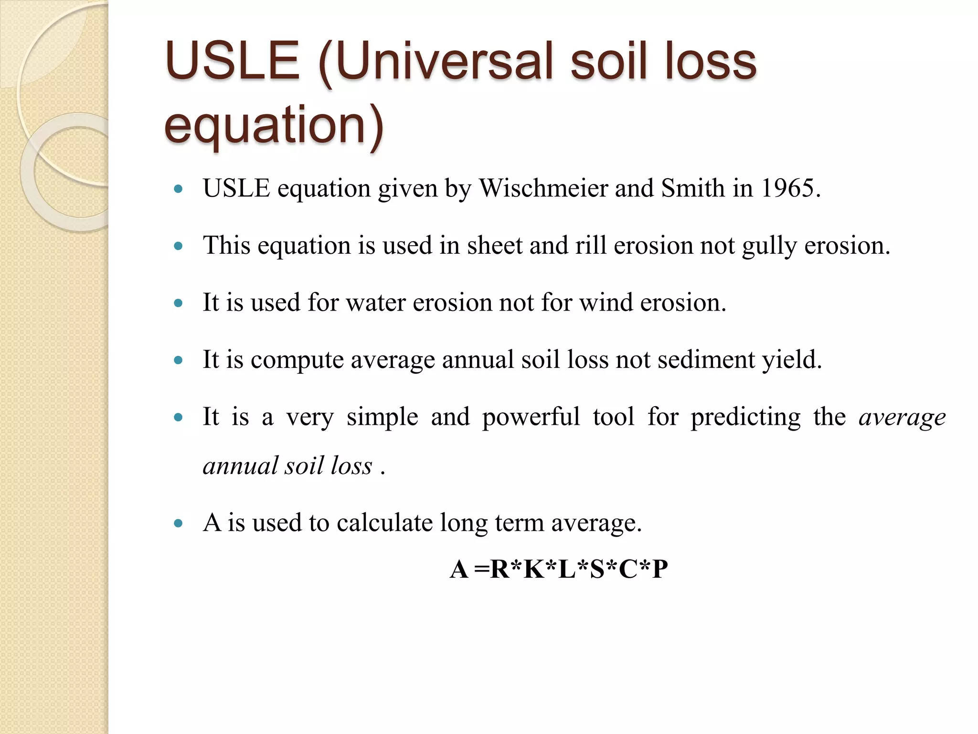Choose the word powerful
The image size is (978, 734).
pos(531,417)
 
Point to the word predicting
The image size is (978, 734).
pos(745,417)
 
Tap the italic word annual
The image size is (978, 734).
pos(240,466)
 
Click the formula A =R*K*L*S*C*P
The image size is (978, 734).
pos(559,569)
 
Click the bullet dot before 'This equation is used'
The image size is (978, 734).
pos(179,247)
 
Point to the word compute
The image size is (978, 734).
pos(297,360)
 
